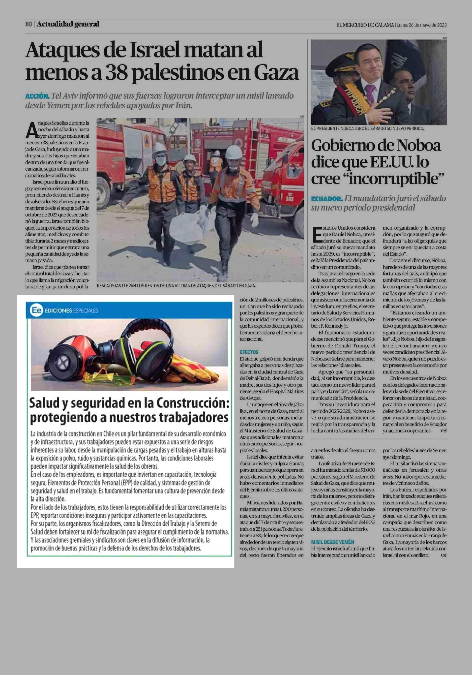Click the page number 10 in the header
point(29,24)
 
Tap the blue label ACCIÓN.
point(37,96)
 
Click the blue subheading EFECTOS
point(249,352)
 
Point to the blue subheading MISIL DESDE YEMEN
point(333,542)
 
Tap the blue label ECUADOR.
point(327,199)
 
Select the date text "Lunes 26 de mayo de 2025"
point(421,25)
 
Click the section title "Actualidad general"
point(68,24)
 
